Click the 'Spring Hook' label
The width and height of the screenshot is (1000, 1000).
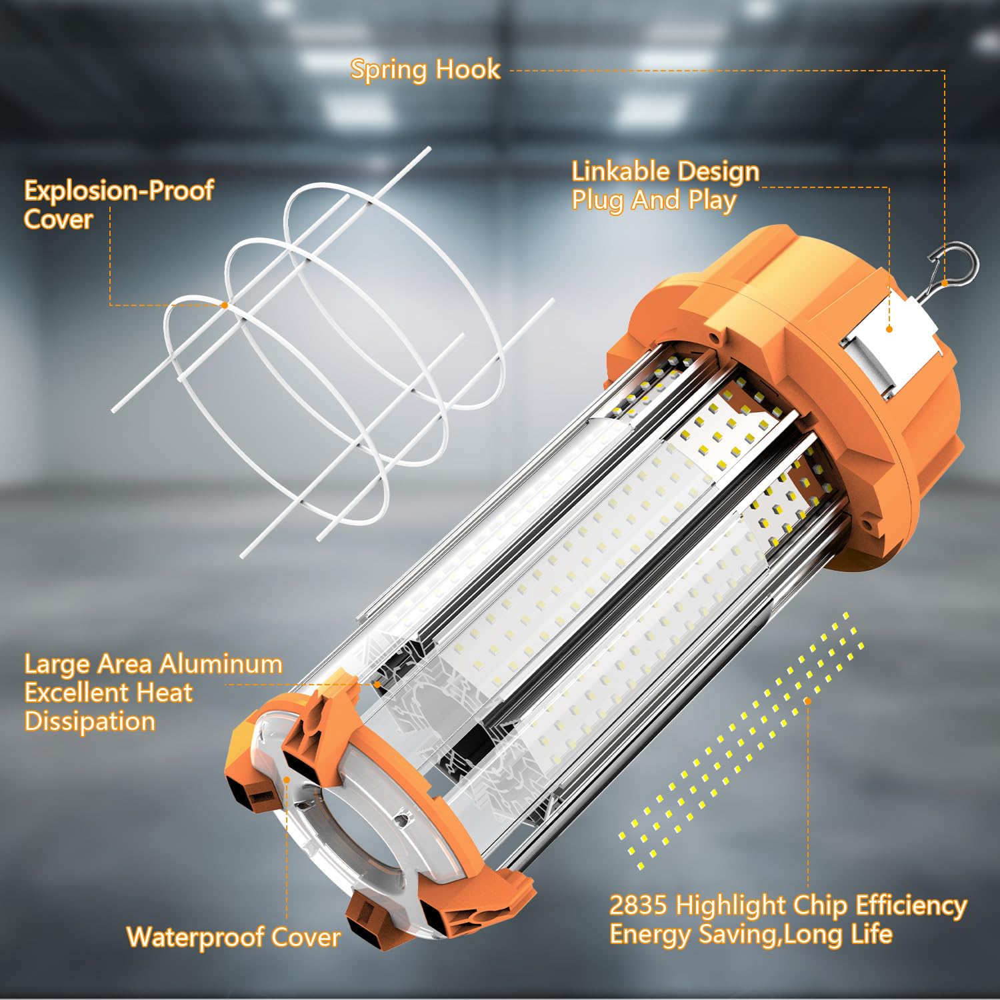[425, 69]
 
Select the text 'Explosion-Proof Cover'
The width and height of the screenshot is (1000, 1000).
[119, 205]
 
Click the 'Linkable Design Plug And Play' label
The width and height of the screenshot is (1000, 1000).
[665, 186]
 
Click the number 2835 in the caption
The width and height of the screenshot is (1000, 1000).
[638, 905]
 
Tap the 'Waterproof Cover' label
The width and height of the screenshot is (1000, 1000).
[233, 937]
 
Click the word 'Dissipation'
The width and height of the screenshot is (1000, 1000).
[90, 721]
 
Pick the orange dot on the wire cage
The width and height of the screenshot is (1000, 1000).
[225, 305]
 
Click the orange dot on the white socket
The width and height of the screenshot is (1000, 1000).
[889, 329]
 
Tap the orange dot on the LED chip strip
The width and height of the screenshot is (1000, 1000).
[807, 701]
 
